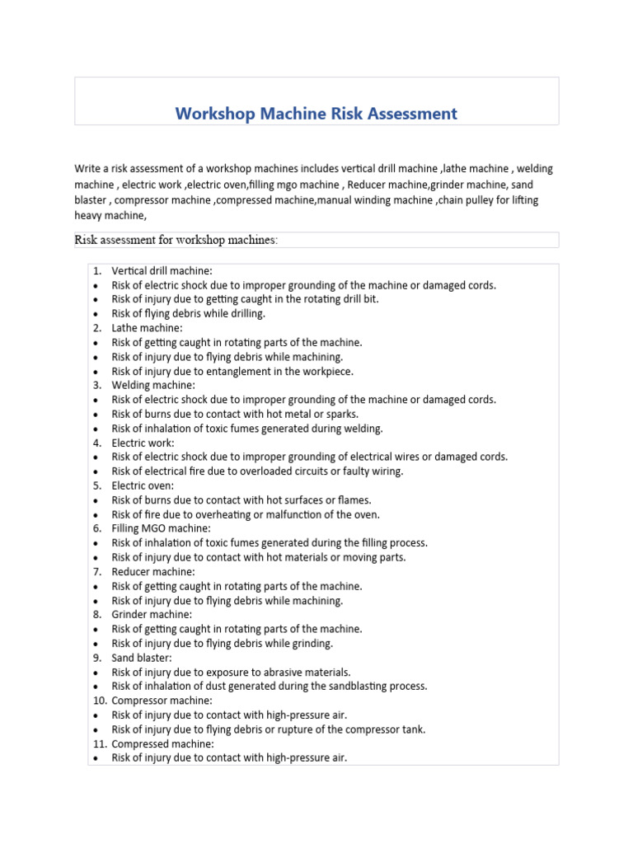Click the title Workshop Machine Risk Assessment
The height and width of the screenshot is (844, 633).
point(316,114)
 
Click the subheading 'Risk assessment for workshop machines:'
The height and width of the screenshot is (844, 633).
point(176,240)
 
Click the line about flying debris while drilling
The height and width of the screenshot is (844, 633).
point(189,314)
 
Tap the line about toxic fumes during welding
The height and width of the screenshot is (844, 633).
point(247,429)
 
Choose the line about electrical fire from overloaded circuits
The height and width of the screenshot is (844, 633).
point(257,471)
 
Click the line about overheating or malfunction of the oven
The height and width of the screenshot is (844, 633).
point(246,514)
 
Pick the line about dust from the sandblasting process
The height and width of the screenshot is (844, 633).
point(270,686)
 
